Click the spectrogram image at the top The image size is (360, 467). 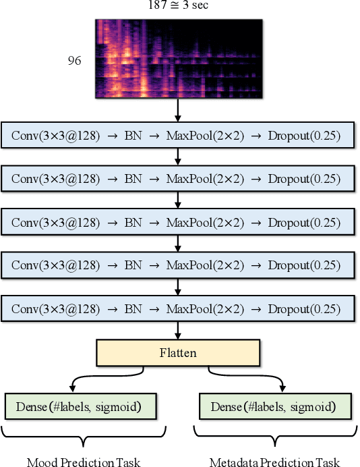178,58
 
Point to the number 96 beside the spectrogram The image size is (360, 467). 75,61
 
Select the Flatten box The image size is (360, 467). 178,352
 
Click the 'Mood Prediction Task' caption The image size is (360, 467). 83,462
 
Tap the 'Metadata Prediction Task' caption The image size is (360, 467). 274,462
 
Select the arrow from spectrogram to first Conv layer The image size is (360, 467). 178,109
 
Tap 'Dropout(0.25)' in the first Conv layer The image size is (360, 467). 303,136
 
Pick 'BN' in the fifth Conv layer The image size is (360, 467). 133,310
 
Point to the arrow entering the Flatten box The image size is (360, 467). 178,331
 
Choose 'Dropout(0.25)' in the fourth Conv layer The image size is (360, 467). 303,267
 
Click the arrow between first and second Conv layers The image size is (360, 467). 178,157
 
